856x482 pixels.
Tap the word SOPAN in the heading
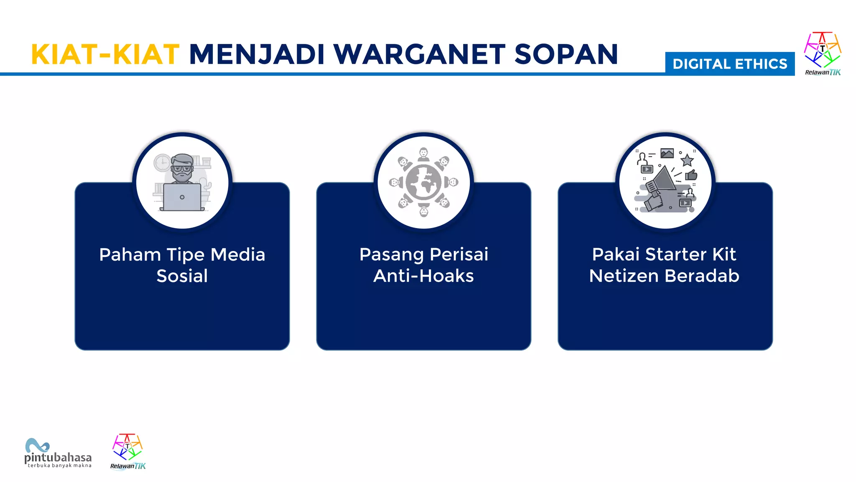(x=566, y=54)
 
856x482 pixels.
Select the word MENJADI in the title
(x=257, y=54)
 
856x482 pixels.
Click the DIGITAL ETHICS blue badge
(x=730, y=64)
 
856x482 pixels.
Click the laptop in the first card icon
(x=182, y=197)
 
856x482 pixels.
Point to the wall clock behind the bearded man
(x=162, y=163)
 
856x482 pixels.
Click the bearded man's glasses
(x=182, y=168)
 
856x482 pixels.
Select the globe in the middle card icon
(x=423, y=182)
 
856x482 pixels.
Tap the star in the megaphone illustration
(x=687, y=160)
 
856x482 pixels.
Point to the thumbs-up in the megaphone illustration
(x=691, y=174)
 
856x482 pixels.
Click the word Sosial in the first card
(x=182, y=276)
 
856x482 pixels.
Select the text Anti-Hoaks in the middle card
(x=423, y=276)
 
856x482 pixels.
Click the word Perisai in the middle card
(x=459, y=254)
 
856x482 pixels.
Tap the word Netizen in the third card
(x=624, y=276)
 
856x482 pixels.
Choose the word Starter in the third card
(x=676, y=254)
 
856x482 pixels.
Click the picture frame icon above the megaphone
(x=667, y=153)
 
